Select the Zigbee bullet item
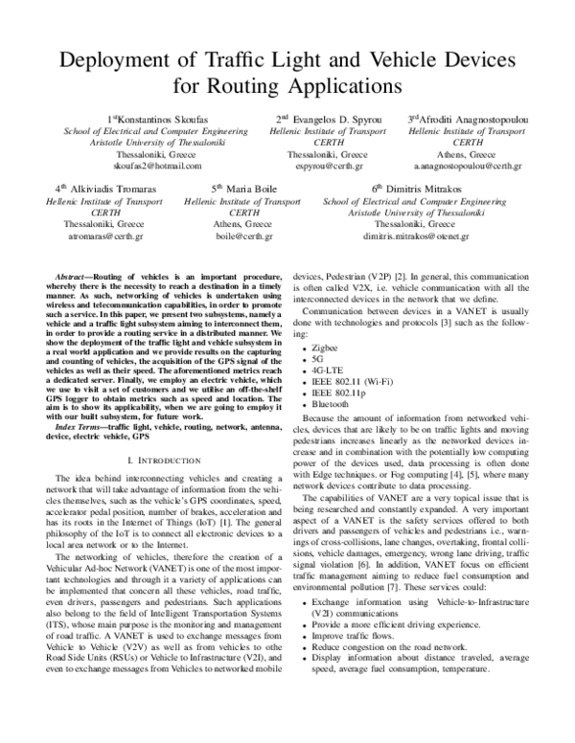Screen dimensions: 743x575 tap(326, 339)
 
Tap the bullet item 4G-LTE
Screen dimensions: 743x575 tap(329, 366)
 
